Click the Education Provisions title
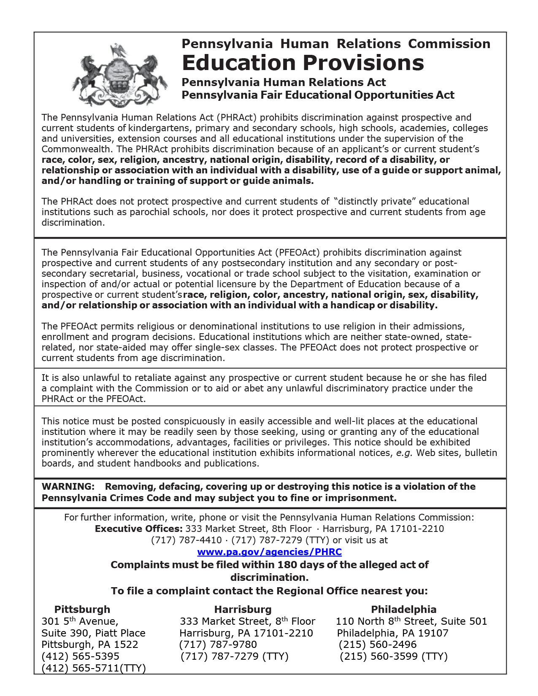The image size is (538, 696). click(303, 63)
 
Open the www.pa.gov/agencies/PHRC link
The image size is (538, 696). click(269, 552)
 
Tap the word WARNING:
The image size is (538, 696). click(68, 486)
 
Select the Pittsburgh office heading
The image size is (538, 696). click(82, 609)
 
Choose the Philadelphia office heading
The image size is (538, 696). click(403, 609)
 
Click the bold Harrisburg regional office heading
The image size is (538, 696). click(243, 609)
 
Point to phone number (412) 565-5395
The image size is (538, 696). click(80, 656)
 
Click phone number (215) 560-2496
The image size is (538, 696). click(378, 645)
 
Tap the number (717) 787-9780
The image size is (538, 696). click(218, 645)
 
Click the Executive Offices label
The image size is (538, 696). click(138, 529)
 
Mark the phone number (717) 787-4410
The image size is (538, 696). click(186, 540)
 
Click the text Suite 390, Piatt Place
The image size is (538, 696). click(93, 633)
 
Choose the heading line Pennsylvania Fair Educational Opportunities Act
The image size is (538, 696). click(318, 95)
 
